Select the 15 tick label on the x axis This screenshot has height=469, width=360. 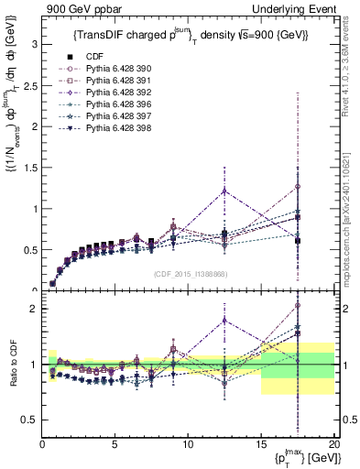261,444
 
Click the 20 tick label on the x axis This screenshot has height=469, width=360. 333,444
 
